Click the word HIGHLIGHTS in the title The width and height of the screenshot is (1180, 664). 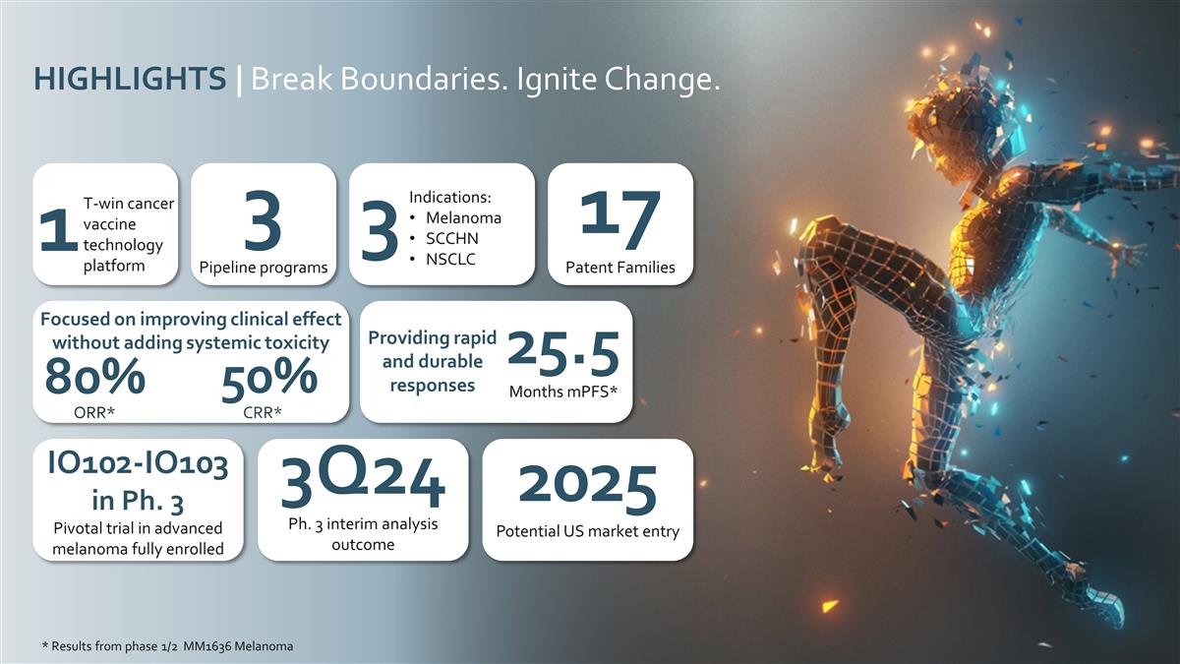pos(129,79)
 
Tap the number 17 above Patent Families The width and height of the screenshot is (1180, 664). pos(619,220)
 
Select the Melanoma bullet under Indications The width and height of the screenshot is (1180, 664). pos(462,217)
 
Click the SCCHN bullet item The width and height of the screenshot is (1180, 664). pos(452,239)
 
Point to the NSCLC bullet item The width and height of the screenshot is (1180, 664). pos(451,260)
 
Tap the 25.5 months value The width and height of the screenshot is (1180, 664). pos(563,352)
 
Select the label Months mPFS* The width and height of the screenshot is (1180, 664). pos(563,392)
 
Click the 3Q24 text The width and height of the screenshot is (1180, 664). pos(363,481)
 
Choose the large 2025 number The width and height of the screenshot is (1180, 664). pos(587,487)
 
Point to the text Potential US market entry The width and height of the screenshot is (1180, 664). pos(587,532)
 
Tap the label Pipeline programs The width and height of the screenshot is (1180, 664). pos(263,268)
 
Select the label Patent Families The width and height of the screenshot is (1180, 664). pos(619,268)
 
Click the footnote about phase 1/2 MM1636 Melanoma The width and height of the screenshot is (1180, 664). pos(167,646)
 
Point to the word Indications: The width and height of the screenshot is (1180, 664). pos(449,197)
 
